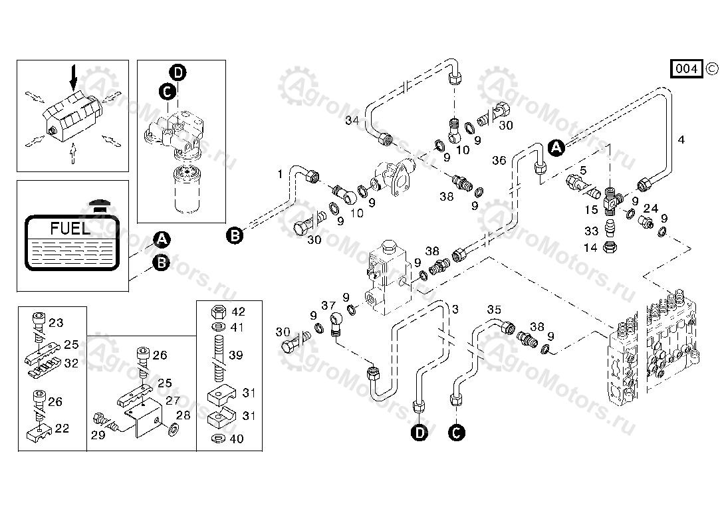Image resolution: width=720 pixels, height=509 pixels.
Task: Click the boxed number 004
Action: click(687, 68)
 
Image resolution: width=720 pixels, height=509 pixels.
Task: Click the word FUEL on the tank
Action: click(70, 229)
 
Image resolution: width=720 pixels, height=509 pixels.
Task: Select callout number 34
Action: click(352, 120)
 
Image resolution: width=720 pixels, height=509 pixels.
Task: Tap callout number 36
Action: click(499, 160)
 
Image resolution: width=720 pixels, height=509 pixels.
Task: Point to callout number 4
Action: click(681, 140)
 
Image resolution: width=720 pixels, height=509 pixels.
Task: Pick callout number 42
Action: click(239, 312)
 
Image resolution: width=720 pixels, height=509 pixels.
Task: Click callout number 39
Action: click(236, 356)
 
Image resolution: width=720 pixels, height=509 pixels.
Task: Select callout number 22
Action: click(62, 429)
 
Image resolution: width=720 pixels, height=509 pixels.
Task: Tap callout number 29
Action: click(98, 435)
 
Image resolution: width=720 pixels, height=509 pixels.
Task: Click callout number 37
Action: click(328, 305)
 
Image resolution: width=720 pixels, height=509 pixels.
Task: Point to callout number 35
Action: click(493, 310)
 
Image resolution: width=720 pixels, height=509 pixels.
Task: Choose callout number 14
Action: click(591, 247)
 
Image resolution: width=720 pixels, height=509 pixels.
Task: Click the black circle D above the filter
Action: click(178, 72)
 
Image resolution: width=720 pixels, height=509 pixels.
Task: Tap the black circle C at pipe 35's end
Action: click(456, 433)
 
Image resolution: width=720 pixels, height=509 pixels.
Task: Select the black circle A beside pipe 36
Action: click(556, 148)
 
